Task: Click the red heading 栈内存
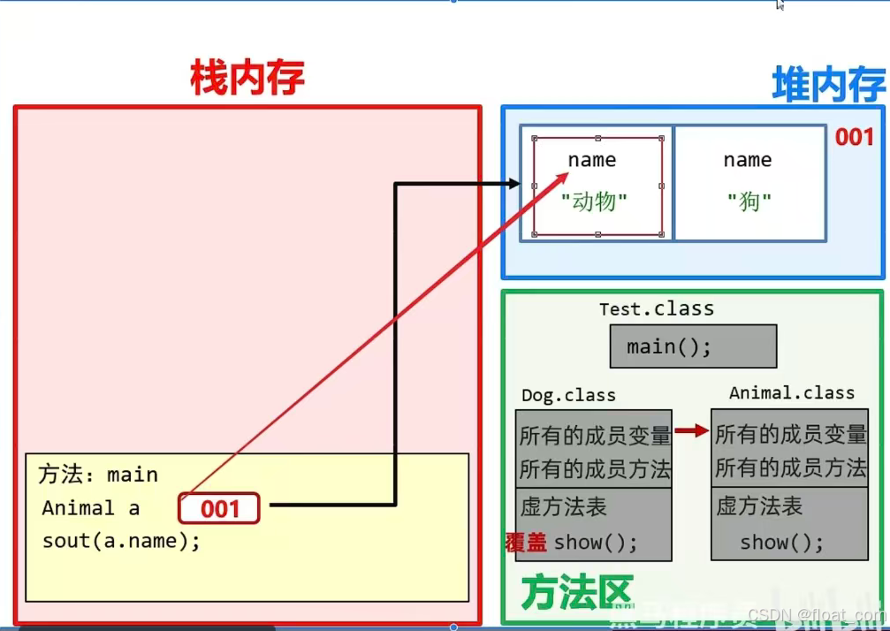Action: tap(247, 80)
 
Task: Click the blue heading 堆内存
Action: tap(828, 86)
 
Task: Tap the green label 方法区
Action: tap(576, 593)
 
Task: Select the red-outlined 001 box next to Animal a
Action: tap(219, 508)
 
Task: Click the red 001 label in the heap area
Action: tap(855, 137)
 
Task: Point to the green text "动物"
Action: tap(594, 201)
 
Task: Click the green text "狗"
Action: tap(749, 201)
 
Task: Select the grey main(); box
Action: tap(693, 346)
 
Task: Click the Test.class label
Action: tap(656, 308)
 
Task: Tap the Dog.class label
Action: tap(568, 395)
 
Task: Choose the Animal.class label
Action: tap(791, 392)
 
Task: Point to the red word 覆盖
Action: tap(526, 542)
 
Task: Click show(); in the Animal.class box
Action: tap(781, 542)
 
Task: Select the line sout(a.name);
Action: tap(121, 540)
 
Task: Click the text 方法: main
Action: tap(98, 475)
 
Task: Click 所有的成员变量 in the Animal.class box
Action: tap(790, 434)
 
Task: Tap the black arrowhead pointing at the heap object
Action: tap(512, 184)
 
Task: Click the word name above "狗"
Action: tap(747, 160)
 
